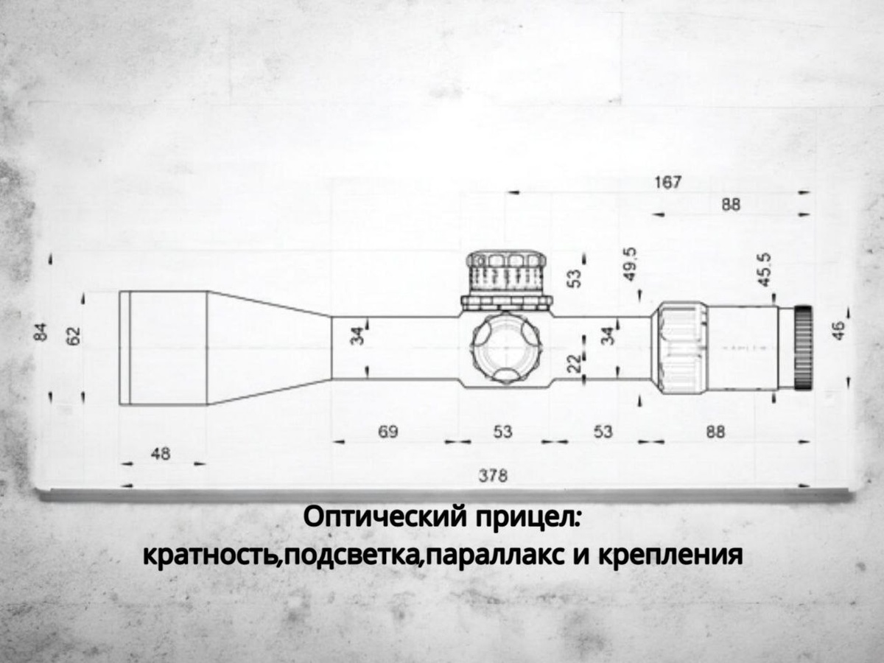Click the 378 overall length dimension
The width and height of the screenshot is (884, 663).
tap(492, 476)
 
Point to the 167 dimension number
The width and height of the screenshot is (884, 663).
tap(668, 182)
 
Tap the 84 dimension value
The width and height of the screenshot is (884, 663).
tap(41, 332)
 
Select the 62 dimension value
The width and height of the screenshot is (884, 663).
tap(74, 335)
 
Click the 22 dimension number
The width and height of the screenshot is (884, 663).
tap(575, 362)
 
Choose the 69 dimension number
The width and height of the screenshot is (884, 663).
tap(388, 432)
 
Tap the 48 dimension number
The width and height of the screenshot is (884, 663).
tap(160, 454)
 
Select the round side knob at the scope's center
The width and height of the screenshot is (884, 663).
tap(506, 346)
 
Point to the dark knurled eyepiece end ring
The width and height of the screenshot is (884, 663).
tap(803, 346)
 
